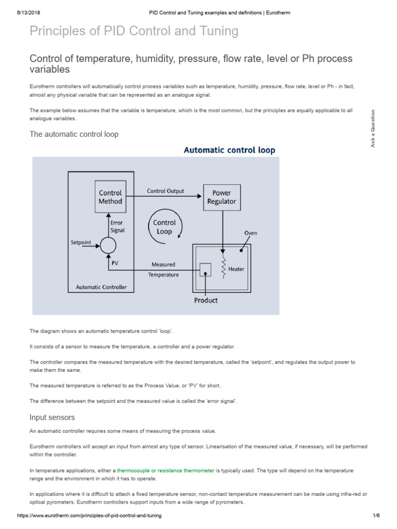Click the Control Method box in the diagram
pyautogui.click(x=110, y=197)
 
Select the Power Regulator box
pyautogui.click(x=221, y=197)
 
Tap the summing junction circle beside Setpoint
pyautogui.click(x=108, y=245)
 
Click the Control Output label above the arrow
pyautogui.click(x=165, y=191)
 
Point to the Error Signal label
pyautogui.click(x=117, y=226)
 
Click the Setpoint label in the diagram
pyautogui.click(x=81, y=242)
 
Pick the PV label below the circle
pyautogui.click(x=115, y=263)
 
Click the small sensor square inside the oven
pyautogui.click(x=205, y=270)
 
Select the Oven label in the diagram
pyautogui.click(x=250, y=233)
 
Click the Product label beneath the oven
pyautogui.click(x=206, y=300)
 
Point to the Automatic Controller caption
pyautogui.click(x=101, y=287)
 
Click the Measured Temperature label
pyautogui.click(x=163, y=270)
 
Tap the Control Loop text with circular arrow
pyautogui.click(x=164, y=227)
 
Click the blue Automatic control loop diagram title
pyautogui.click(x=230, y=150)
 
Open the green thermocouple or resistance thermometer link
pyautogui.click(x=166, y=471)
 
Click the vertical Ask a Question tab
pyautogui.click(x=372, y=128)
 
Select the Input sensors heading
pyautogui.click(x=52, y=417)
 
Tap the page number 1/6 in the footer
pyautogui.click(x=376, y=516)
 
